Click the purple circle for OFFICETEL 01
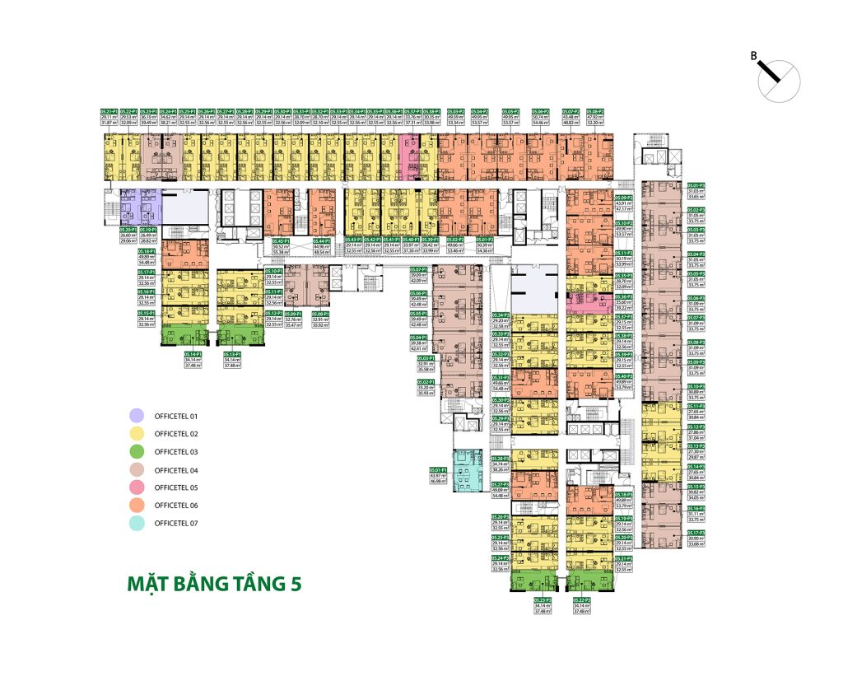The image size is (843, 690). [137, 416]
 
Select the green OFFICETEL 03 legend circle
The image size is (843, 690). [137, 451]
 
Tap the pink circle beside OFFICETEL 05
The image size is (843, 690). [137, 487]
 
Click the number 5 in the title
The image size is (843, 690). [295, 583]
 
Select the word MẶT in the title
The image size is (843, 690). [147, 583]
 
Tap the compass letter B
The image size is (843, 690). [753, 56]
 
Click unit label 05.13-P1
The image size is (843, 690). [235, 353]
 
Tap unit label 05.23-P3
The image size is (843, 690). [542, 599]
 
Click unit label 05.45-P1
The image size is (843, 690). [282, 240]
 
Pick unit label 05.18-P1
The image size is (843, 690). [148, 250]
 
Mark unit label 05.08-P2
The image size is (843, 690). [594, 110]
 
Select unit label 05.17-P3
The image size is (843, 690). [696, 533]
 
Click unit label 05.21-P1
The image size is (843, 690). [108, 110]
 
